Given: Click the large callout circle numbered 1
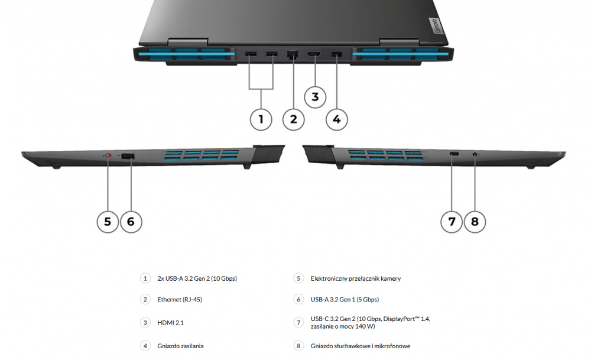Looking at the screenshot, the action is click(x=261, y=119).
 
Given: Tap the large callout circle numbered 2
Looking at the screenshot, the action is click(x=294, y=119).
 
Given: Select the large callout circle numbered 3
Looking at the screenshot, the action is click(x=315, y=98).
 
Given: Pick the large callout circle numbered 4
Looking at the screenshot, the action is click(x=337, y=119).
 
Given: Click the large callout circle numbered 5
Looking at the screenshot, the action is click(x=108, y=222).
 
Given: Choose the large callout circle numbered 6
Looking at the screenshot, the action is click(x=131, y=222).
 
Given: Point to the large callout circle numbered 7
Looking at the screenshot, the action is click(x=452, y=222).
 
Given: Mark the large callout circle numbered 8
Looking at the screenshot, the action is click(x=475, y=222).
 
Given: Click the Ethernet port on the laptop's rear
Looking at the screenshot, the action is click(x=292, y=54).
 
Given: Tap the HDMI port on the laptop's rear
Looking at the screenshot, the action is click(x=314, y=54).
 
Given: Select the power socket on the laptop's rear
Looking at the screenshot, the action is click(x=337, y=54).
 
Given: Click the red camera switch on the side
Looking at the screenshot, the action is click(x=109, y=155).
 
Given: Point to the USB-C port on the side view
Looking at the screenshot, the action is click(x=454, y=154).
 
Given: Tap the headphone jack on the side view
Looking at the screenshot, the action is click(x=475, y=154).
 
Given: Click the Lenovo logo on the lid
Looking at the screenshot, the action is click(x=436, y=25).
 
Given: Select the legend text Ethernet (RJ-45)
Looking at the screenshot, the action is click(x=180, y=300).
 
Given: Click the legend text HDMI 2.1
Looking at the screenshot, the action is click(x=170, y=323).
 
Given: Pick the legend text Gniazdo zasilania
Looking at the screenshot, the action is click(x=180, y=346).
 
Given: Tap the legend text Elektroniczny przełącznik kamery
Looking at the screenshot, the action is click(x=356, y=278).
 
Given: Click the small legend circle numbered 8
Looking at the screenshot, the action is click(x=298, y=346).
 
